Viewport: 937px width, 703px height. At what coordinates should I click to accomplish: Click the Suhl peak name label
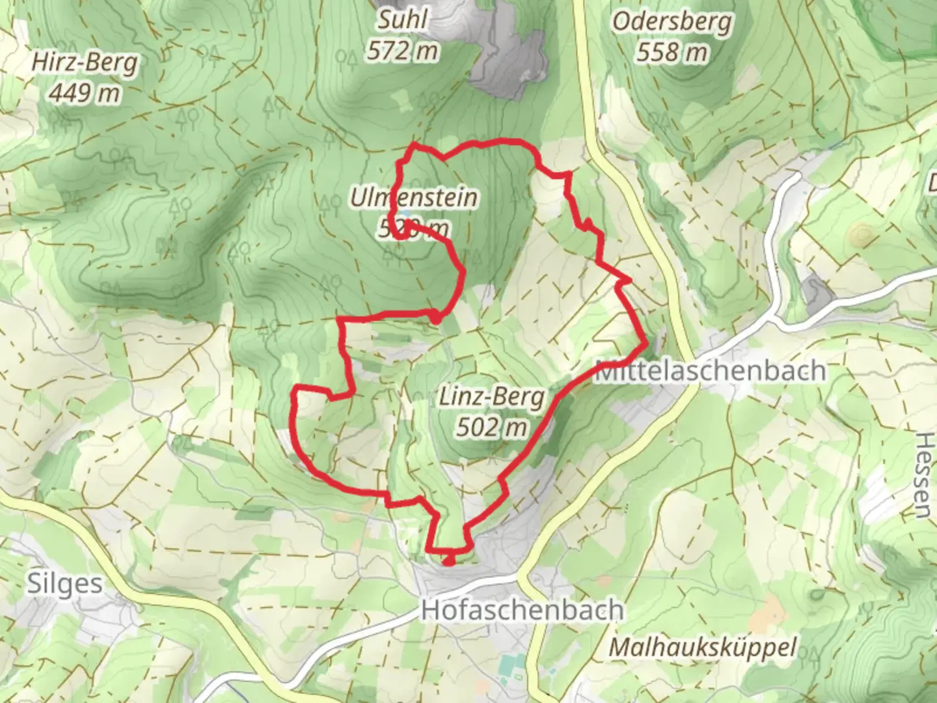click(403, 20)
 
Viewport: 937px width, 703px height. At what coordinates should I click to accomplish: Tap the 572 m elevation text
click(403, 51)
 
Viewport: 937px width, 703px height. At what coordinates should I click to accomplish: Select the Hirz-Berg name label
click(85, 63)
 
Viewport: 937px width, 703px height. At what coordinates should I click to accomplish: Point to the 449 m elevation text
click(85, 94)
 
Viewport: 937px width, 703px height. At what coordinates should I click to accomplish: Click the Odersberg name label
click(672, 21)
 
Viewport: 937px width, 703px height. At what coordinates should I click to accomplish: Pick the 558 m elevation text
click(672, 52)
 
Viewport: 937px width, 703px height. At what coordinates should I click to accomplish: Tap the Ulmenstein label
click(414, 197)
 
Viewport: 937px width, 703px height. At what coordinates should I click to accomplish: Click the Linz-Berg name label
click(491, 396)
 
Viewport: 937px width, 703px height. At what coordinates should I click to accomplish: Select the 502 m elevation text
click(491, 428)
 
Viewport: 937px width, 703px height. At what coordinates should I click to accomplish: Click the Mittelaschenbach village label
click(711, 371)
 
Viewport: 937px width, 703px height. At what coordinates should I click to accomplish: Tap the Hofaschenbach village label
click(523, 611)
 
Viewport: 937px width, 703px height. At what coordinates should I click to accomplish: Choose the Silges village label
click(65, 584)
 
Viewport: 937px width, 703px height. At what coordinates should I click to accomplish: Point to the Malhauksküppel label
click(703, 648)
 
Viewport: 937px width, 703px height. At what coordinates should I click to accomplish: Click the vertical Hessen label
click(923, 475)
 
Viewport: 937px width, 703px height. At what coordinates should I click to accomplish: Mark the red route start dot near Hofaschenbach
click(448, 560)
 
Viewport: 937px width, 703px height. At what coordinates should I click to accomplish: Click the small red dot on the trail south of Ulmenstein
click(435, 317)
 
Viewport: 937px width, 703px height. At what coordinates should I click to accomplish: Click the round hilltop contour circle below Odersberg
click(862, 233)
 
